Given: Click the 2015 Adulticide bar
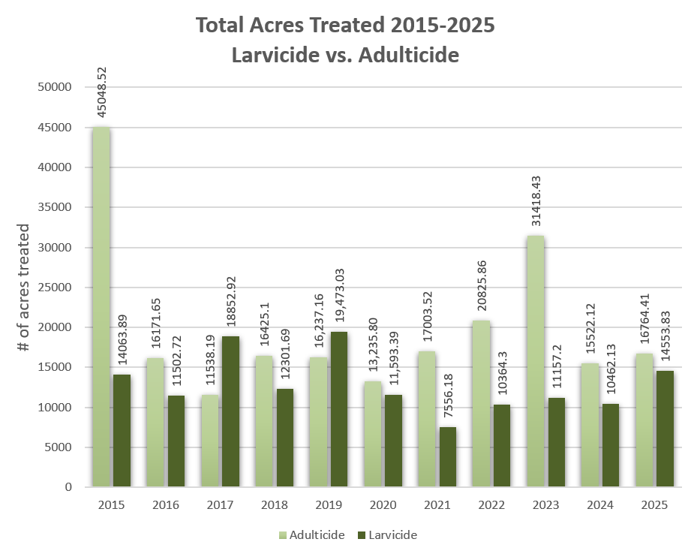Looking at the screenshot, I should pyautogui.click(x=101, y=307).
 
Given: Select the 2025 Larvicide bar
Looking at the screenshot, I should pyautogui.click(x=665, y=429).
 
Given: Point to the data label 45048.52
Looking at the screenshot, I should pyautogui.click(x=102, y=92).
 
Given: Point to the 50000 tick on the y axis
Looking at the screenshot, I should pyautogui.click(x=53, y=87).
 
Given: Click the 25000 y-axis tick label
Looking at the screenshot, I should pyautogui.click(x=53, y=288).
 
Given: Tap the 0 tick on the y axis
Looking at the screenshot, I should pyautogui.click(x=68, y=487).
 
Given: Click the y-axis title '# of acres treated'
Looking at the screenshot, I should pyautogui.click(x=24, y=288).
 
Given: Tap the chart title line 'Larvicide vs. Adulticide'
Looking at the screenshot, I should pyautogui.click(x=345, y=55).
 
